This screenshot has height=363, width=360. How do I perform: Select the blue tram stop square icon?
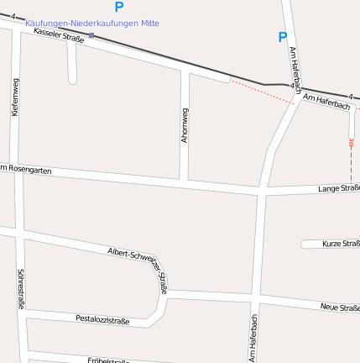pos(91,35)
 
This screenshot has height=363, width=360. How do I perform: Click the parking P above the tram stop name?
pos(118,8)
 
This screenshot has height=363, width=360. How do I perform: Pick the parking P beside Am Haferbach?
pos(282,37)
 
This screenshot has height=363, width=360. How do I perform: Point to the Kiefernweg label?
pos(15,96)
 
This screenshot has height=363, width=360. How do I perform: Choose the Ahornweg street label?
pos(185,124)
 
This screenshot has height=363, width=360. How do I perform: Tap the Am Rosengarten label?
pos(25,170)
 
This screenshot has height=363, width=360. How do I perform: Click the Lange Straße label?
pos(338,188)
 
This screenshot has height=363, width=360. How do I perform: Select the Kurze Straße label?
pos(340,244)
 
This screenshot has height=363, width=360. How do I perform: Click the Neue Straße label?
pos(339,308)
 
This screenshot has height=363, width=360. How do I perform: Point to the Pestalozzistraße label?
pos(102,319)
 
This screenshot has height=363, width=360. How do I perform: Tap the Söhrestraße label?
pos(20,289)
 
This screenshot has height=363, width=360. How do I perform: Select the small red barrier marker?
pos(352,143)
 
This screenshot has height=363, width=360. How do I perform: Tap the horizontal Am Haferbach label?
pos(326,103)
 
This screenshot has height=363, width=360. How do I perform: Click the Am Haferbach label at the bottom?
pos(253,338)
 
